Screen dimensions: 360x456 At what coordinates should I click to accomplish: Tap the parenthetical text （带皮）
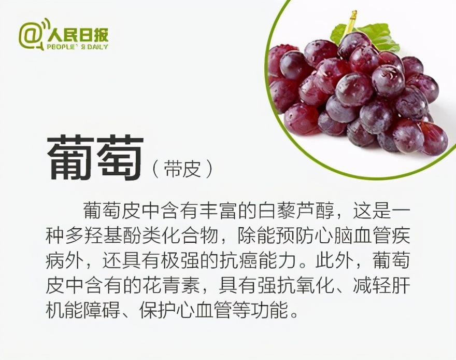pos(181,168)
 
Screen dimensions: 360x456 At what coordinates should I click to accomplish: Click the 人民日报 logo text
pos(78,35)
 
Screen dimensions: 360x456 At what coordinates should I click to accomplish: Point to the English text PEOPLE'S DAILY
pos(78,47)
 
